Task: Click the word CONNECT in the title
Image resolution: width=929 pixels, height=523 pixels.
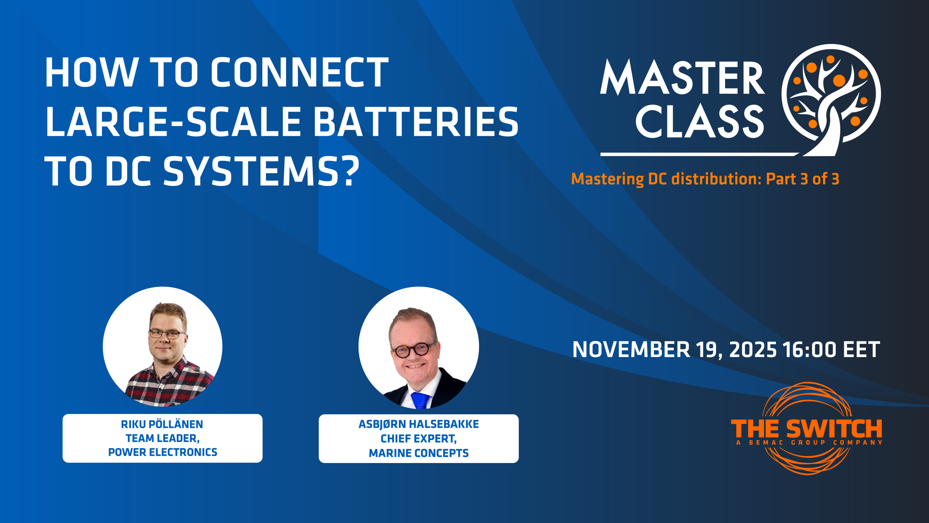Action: [300, 72]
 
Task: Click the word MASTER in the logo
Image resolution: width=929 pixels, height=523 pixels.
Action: [682, 78]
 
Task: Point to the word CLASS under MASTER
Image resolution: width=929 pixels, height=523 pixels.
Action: [700, 122]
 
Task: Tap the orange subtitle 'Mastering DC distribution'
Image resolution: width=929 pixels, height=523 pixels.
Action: [666, 179]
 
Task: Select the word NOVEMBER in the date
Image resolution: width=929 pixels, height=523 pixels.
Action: [631, 349]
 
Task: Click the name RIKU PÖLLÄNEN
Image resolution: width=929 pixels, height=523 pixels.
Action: [162, 424]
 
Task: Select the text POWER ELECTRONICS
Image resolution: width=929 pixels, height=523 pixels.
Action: [163, 452]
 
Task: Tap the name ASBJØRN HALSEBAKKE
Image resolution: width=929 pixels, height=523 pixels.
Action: [419, 424]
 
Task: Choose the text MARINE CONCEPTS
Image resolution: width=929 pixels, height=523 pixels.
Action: [419, 453]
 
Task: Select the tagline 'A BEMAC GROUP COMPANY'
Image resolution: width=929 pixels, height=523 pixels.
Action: [810, 442]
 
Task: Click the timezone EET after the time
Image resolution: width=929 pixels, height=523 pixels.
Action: [862, 349]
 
